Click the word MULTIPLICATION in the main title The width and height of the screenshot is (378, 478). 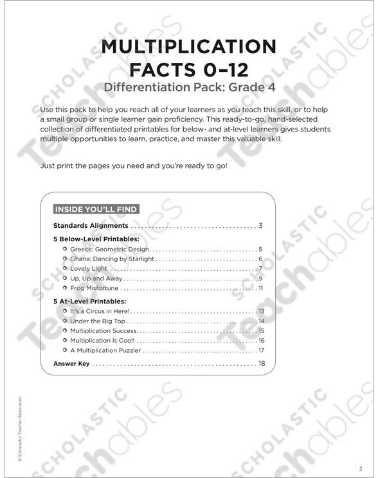tap(188, 47)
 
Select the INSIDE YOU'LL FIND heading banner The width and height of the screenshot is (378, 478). tap(96, 209)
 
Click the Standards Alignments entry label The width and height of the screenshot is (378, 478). tap(91, 226)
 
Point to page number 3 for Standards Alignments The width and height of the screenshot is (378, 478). tap(260, 226)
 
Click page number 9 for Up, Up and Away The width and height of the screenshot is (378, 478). tap(260, 278)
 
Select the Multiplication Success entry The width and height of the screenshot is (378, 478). tap(104, 330)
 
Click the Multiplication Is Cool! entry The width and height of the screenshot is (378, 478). tap(103, 341)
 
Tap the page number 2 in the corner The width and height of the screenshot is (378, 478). tap(361, 468)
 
